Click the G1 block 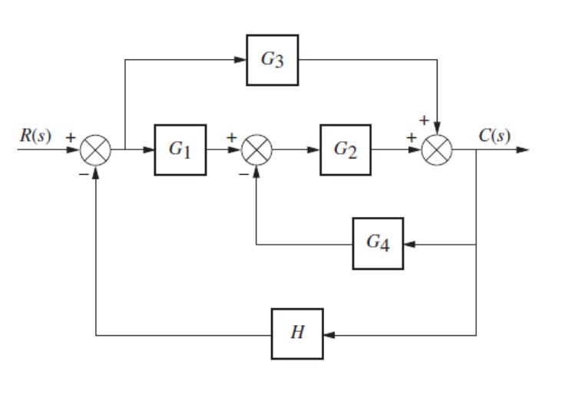point(180,149)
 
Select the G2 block point(346,149)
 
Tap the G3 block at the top point(272,60)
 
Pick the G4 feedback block point(378,244)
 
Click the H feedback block point(297,333)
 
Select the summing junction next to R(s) point(96,150)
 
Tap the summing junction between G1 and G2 point(256,150)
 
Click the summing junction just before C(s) point(438,150)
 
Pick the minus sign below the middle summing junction point(243,173)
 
